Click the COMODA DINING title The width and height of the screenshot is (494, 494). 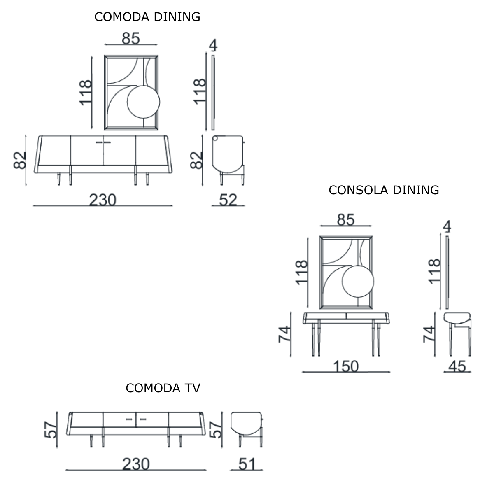point(147,17)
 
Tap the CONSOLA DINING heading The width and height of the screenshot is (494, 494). point(384,190)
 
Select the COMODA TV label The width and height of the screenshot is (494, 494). point(163,388)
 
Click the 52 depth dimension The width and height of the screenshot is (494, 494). point(228,200)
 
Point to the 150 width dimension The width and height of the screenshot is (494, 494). point(345,366)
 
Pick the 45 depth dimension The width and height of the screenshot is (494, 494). point(457,366)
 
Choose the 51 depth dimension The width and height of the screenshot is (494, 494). point(247,464)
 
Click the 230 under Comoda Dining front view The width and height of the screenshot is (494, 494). point(103,200)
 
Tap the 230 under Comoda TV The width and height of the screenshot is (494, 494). point(136,464)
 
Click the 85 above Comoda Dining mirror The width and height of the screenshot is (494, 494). point(131,38)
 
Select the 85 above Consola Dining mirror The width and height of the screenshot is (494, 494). point(345,220)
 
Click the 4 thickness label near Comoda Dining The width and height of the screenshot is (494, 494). point(213,45)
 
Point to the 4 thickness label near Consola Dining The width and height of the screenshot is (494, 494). point(447,226)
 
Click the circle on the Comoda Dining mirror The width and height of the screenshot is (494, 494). point(143,102)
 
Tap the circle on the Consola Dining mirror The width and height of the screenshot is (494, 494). point(358,282)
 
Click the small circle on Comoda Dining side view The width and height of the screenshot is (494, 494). point(215,138)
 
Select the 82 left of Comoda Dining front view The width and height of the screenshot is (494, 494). point(20,161)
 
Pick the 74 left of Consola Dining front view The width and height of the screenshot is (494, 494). point(284,334)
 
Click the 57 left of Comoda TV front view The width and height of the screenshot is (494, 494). point(51,430)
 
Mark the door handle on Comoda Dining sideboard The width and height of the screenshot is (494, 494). point(103,142)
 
